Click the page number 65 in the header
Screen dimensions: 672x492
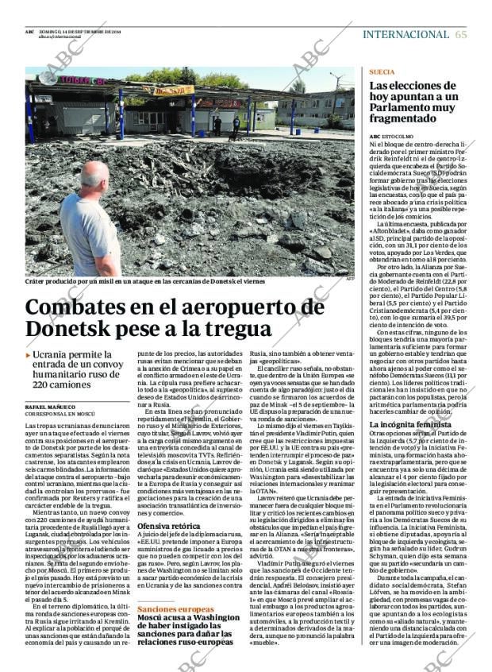(x=461, y=34)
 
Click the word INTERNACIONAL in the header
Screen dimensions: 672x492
(x=405, y=34)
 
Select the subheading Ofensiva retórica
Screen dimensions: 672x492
(x=168, y=526)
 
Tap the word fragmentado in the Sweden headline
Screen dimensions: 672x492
(x=405, y=120)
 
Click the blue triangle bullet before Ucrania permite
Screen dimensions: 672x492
(x=29, y=356)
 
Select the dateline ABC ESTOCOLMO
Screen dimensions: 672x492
(x=391, y=136)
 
